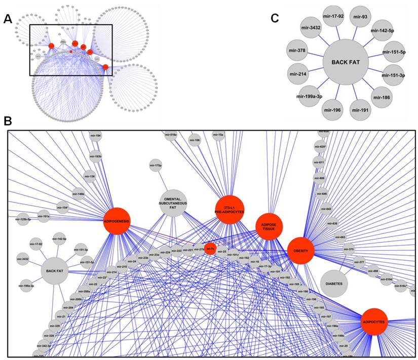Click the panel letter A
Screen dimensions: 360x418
click(7, 19)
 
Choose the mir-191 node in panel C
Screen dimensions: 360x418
click(360, 108)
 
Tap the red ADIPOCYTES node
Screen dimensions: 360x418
click(375, 322)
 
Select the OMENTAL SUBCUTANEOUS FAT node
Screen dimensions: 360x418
click(174, 205)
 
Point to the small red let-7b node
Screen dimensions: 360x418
click(210, 249)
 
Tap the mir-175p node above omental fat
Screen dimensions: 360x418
click(157, 165)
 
